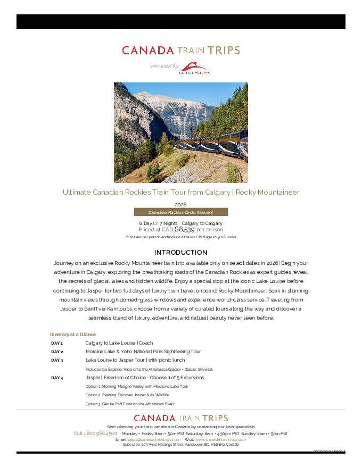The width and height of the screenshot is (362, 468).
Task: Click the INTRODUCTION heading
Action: pos(180,252)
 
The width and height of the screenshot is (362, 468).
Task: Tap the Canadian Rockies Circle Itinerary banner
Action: pos(180,212)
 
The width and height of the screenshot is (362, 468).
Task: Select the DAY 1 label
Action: pos(57,343)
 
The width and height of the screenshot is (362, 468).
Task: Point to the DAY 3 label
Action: pos(57,360)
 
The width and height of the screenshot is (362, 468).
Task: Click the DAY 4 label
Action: pos(57,378)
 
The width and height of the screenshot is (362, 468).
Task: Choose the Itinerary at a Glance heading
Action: pos(73,335)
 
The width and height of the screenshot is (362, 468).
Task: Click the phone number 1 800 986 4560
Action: pos(95,433)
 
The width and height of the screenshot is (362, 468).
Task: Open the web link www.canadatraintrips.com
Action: pos(220,439)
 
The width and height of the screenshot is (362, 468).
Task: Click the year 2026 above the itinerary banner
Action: pos(180,204)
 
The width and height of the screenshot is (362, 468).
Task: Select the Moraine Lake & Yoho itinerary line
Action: pos(143,352)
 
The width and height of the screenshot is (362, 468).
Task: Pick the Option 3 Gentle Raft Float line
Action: pos(130,404)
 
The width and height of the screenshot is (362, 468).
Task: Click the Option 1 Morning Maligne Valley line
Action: pos(137,386)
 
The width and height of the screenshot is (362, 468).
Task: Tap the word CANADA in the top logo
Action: pos(148,51)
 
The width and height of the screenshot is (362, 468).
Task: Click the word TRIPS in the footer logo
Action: pos(216,418)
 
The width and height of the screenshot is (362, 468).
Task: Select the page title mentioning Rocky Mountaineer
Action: pos(181,192)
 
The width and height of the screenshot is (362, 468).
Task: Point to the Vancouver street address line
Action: pos(181,445)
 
